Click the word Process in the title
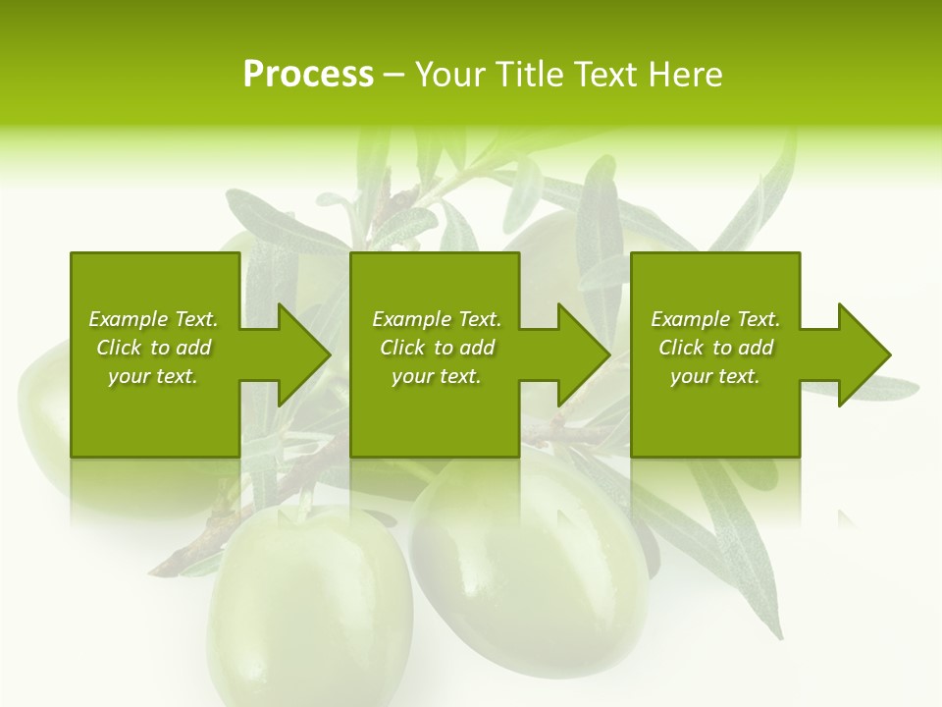308,75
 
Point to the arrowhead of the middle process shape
582,354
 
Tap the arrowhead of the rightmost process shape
863,354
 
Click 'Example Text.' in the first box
153,319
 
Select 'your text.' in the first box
153,376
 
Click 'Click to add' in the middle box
437,348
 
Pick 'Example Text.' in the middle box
437,319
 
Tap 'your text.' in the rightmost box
715,376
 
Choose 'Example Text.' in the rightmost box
715,319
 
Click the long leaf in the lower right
736,550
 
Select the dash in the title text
393,76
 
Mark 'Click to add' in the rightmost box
715,348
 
